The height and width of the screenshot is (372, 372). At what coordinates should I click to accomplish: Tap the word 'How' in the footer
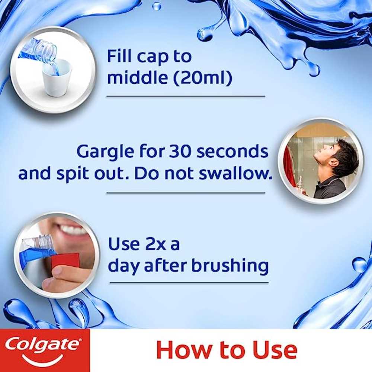(x=185, y=350)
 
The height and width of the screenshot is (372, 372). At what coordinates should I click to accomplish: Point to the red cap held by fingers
(x=65, y=263)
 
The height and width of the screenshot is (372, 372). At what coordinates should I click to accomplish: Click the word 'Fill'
(x=120, y=56)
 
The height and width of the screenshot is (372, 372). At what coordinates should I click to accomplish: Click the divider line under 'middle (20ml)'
(x=186, y=96)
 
